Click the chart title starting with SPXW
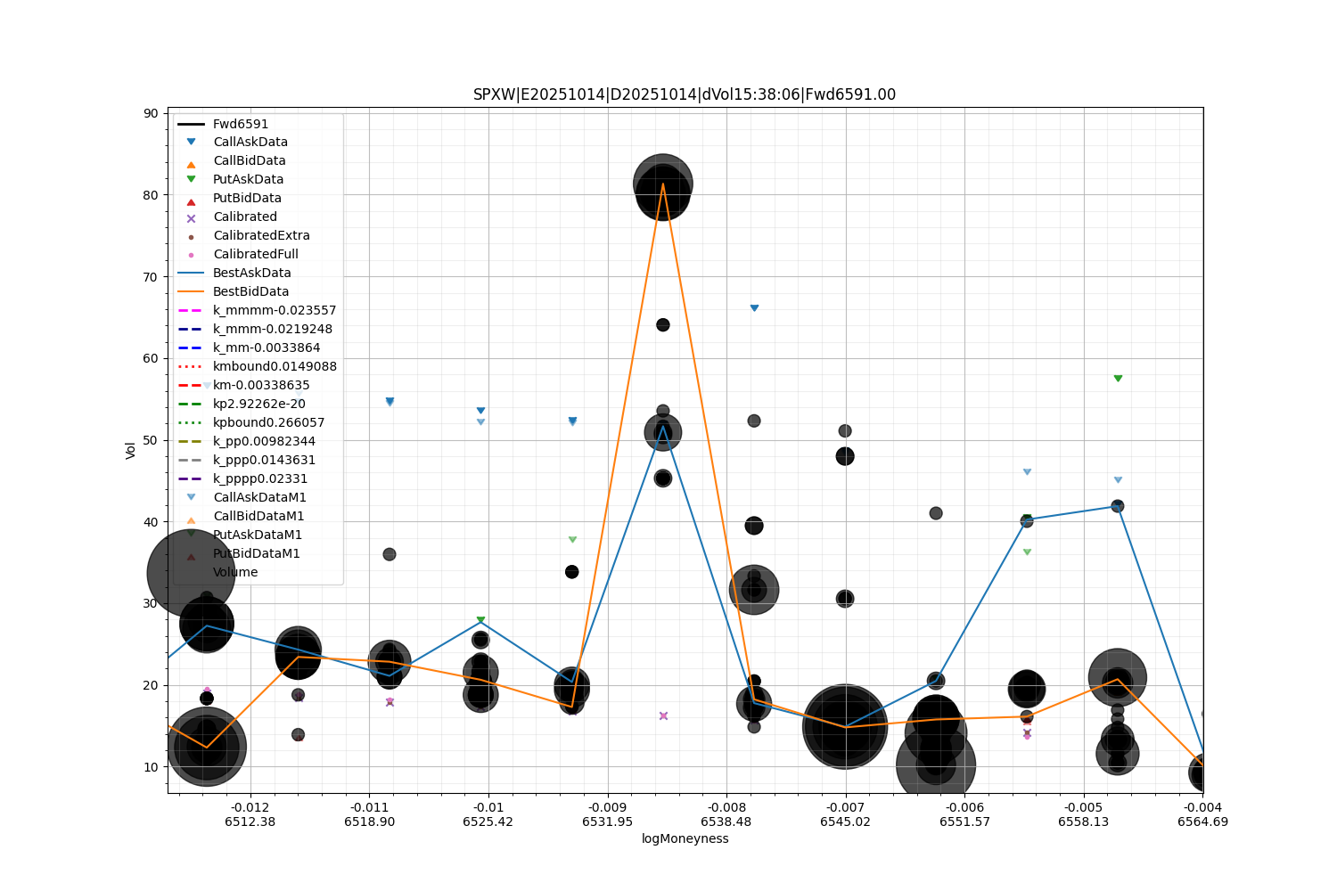pyautogui.click(x=685, y=94)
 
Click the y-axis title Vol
pyautogui.click(x=131, y=450)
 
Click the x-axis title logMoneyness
pyautogui.click(x=685, y=838)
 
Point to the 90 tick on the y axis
pyautogui.click(x=150, y=113)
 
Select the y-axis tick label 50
pyautogui.click(x=150, y=440)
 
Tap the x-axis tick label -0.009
pyautogui.click(x=607, y=807)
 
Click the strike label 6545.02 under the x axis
pyautogui.click(x=845, y=822)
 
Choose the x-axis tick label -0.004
pyautogui.click(x=1202, y=807)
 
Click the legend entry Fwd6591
pyautogui.click(x=241, y=124)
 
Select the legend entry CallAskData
pyautogui.click(x=250, y=142)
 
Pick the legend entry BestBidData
pyautogui.click(x=250, y=291)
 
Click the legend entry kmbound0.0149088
pyautogui.click(x=275, y=366)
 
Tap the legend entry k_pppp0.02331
pyautogui.click(x=260, y=478)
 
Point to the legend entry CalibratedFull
pyautogui.click(x=255, y=254)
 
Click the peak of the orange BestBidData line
pyautogui.click(x=663, y=184)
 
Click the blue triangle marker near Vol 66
pyautogui.click(x=754, y=308)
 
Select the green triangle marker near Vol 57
pyautogui.click(x=1118, y=379)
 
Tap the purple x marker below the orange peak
pyautogui.click(x=663, y=716)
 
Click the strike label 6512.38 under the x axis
pyautogui.click(x=250, y=822)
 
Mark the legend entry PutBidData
pyautogui.click(x=247, y=198)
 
